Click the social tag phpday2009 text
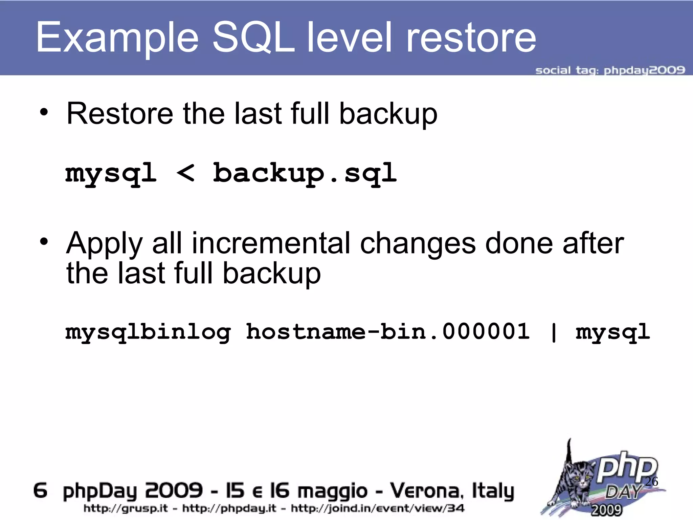610,70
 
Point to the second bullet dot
44,242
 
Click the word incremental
271,243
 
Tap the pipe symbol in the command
554,332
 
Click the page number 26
651,481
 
